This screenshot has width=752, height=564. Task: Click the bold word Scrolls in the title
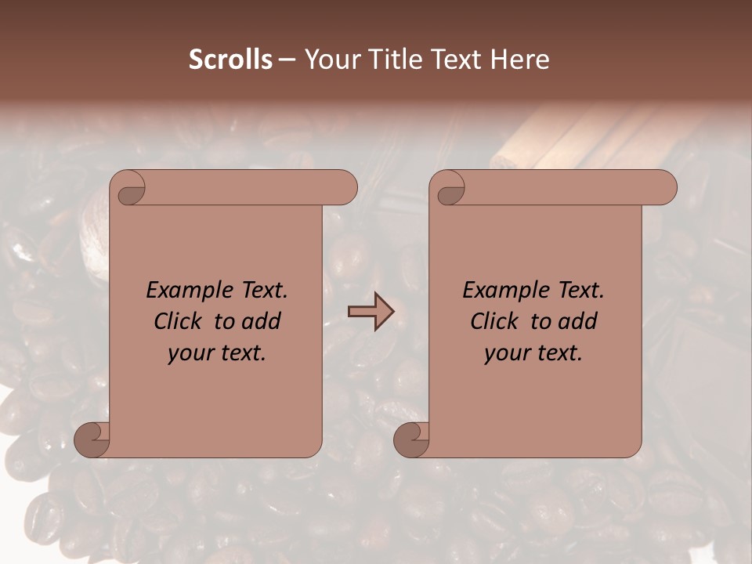(230, 60)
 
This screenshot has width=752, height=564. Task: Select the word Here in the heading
(520, 60)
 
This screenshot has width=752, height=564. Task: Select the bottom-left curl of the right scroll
(411, 439)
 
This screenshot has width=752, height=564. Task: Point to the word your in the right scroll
(505, 353)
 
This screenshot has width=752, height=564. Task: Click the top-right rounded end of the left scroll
(345, 187)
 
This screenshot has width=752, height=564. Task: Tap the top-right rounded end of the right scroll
(664, 187)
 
